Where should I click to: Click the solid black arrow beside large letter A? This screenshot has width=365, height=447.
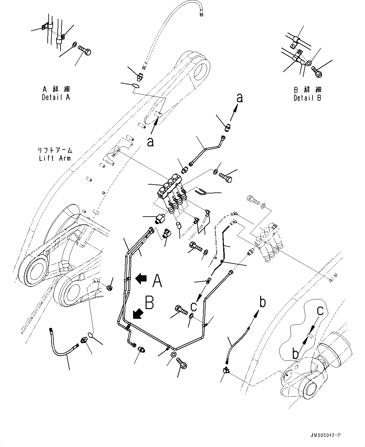141,278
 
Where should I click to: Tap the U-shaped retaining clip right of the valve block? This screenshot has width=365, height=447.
200,192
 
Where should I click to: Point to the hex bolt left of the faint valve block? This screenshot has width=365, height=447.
253,199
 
